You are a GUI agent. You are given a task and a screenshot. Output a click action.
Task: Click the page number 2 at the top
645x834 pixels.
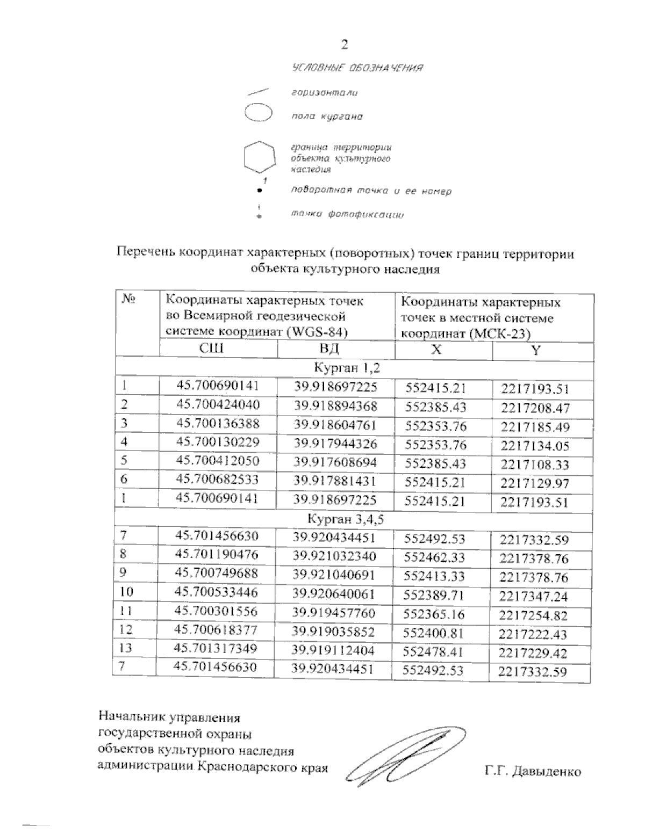(345, 45)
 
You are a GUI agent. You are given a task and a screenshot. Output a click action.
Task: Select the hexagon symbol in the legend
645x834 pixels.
(260, 158)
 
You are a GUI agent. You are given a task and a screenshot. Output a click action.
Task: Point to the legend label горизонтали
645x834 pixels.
(324, 93)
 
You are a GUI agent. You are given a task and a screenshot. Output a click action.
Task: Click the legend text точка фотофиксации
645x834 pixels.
(347, 215)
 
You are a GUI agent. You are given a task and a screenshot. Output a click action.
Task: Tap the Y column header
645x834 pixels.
(535, 350)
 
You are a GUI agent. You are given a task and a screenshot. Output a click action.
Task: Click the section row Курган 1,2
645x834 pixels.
(347, 368)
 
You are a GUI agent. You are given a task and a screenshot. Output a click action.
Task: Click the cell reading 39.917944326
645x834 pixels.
(335, 443)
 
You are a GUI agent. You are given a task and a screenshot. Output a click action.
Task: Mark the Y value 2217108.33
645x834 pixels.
(534, 465)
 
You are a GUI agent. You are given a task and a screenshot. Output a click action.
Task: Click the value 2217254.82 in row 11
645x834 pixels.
(533, 615)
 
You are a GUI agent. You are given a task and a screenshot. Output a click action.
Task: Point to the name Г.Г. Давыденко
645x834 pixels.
(532, 772)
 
